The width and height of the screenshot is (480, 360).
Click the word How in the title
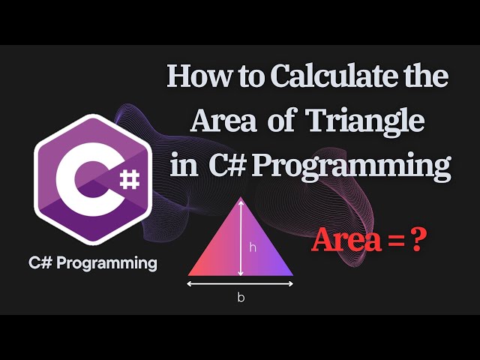point(190,77)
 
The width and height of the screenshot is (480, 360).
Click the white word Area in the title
point(217,121)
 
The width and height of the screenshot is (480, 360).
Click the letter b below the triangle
point(241,297)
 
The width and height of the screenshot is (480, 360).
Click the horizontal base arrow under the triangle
point(241,283)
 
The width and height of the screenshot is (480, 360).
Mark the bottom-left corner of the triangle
point(190,274)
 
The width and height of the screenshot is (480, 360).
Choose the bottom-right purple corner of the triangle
point(291,274)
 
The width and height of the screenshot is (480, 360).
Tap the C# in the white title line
point(223,165)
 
